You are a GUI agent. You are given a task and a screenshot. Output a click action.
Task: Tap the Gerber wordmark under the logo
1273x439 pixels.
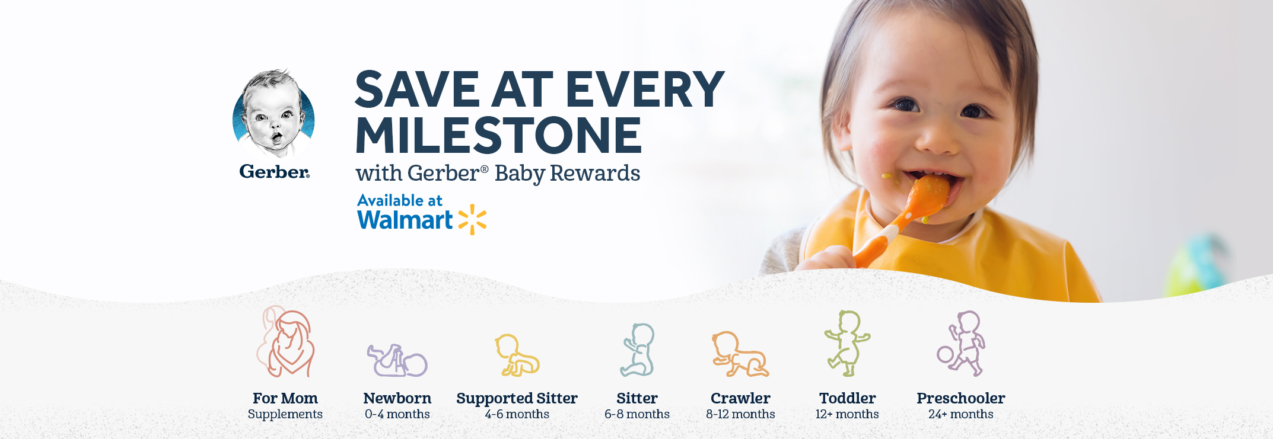coord(274,172)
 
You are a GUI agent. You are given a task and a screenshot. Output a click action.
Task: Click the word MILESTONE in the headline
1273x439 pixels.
coord(498,135)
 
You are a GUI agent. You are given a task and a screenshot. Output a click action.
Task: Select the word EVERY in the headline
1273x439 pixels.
coord(645,89)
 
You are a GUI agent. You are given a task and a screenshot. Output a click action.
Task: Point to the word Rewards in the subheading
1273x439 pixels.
coord(595,173)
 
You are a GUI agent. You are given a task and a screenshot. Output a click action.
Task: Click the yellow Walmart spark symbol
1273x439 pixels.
coord(472,219)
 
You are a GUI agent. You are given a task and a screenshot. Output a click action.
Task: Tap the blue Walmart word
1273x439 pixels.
coord(405,220)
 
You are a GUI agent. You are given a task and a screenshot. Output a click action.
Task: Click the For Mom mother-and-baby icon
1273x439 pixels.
coord(285,342)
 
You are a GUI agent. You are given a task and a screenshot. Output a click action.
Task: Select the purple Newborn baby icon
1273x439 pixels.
coord(397,360)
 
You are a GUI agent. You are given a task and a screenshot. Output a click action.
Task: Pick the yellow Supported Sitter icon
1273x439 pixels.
coord(517,355)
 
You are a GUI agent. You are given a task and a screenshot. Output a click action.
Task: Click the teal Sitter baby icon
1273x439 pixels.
coord(638,350)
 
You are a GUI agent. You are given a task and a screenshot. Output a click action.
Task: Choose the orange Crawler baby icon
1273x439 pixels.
coord(740,354)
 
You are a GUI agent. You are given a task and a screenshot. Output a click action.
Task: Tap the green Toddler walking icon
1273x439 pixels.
coord(847,343)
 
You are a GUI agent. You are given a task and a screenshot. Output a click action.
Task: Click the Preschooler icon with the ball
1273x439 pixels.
coord(961,344)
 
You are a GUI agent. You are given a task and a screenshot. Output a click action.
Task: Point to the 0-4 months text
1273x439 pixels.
coord(397,414)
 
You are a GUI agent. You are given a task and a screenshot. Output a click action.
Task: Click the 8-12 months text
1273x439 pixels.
coord(740,414)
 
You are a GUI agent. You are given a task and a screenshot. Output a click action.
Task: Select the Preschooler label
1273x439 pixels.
coord(961,398)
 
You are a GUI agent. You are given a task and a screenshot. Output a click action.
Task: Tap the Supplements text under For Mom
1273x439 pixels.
coord(285,415)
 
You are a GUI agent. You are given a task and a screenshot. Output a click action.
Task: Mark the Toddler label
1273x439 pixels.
coord(848,398)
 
